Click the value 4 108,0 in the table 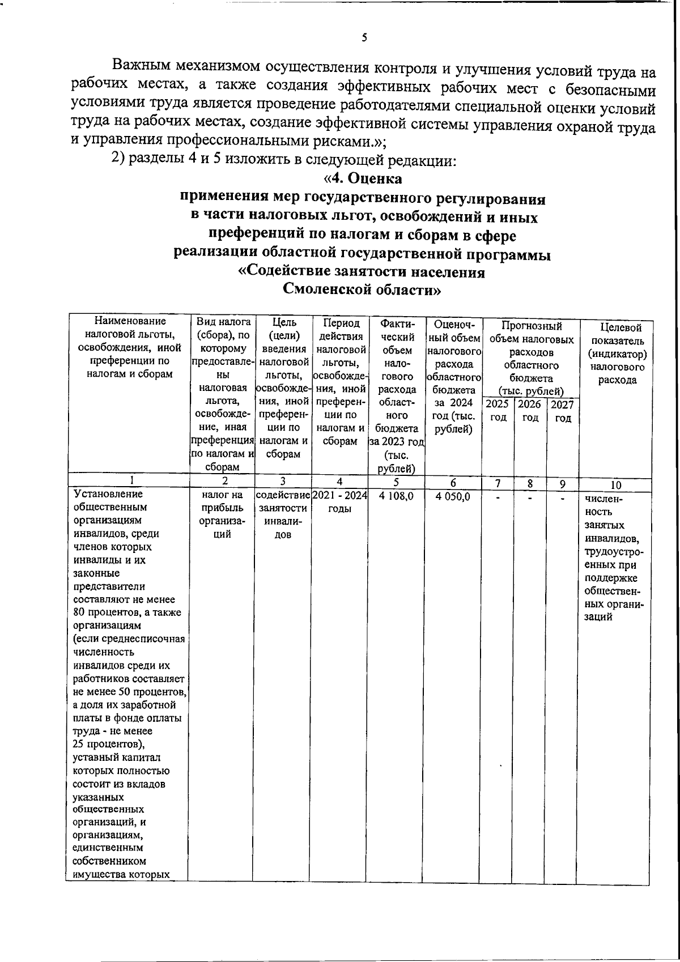click(396, 496)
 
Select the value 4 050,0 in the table click(453, 496)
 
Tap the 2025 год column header click(498, 411)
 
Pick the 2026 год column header click(530, 411)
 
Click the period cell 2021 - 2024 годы click(339, 502)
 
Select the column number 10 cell click(616, 485)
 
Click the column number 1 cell click(131, 480)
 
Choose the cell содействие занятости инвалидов click(283, 514)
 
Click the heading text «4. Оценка click(363, 178)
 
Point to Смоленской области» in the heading click(362, 290)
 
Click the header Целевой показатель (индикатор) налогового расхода click(617, 354)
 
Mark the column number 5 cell click(396, 483)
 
